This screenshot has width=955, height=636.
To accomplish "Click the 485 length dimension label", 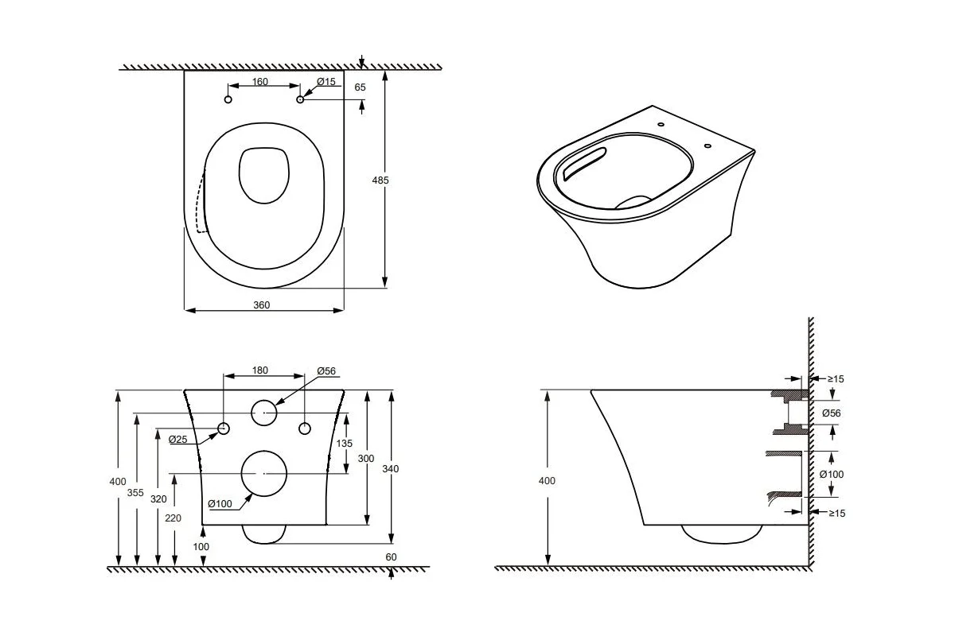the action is pos(380,180).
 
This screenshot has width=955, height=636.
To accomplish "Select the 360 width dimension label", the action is pos(261,305).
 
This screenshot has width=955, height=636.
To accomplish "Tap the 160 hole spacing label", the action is pos(260,81).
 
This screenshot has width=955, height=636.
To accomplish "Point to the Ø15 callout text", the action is pos(326,81).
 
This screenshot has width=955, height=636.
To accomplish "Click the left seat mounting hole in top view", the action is pos(228,99).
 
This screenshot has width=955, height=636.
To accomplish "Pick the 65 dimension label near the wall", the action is pos(361,87).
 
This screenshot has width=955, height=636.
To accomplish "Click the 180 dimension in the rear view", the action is pos(260,370).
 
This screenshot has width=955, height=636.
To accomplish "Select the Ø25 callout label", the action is pos(177,439).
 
